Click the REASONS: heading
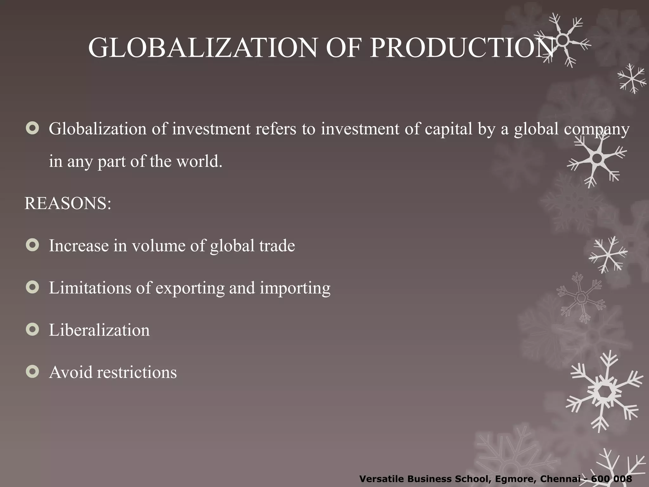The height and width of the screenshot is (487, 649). [x=68, y=203]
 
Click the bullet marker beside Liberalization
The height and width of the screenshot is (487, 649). [x=32, y=329]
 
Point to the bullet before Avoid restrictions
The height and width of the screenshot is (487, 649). [x=32, y=372]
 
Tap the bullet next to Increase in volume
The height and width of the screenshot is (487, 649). [x=32, y=245]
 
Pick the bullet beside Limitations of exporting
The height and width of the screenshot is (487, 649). [x=32, y=287]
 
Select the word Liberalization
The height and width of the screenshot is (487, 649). [x=99, y=330]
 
